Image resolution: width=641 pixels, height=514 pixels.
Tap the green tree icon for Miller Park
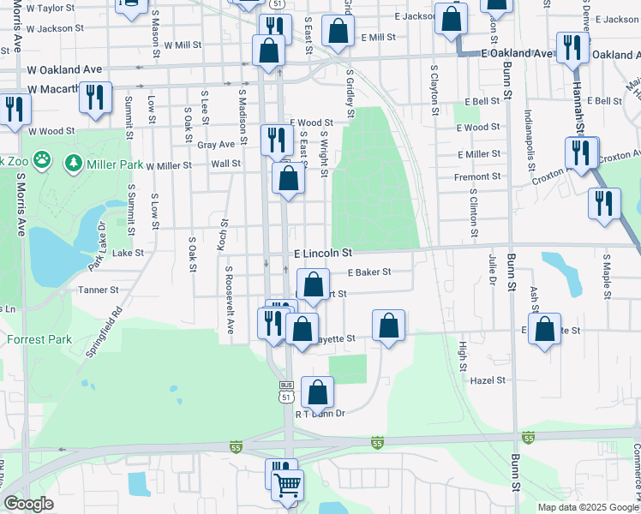[x=74, y=163]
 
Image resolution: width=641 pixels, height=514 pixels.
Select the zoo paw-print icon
[x=45, y=161]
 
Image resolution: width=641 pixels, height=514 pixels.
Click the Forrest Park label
[x=39, y=339]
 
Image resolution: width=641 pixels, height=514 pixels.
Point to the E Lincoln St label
[x=324, y=254]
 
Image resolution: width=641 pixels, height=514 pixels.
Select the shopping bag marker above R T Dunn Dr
[x=317, y=392]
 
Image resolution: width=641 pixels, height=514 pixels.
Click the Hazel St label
[x=488, y=380]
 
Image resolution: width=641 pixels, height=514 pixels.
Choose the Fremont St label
[x=479, y=176]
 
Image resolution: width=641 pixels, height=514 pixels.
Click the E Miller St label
[x=479, y=153]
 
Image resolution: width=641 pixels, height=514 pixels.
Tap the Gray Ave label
[x=215, y=145]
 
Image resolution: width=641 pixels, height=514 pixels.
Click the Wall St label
[x=225, y=163]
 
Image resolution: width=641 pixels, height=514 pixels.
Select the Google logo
[x=28, y=504]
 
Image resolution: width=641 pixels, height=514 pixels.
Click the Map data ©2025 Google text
[x=588, y=507]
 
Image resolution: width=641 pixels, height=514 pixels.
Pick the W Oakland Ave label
[x=64, y=69]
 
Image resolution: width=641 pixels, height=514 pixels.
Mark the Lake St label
[x=128, y=253]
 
